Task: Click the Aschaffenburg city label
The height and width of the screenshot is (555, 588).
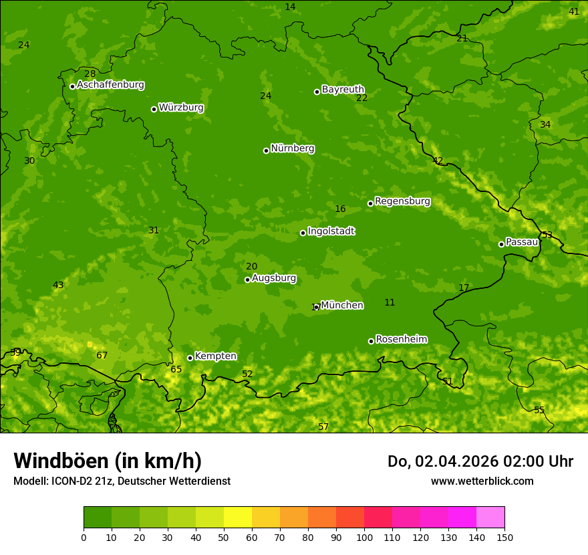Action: [110, 85]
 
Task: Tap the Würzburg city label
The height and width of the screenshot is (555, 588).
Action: [181, 108]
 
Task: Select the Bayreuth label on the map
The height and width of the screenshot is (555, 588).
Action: [343, 90]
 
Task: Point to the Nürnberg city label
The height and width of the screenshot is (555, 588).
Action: [293, 148]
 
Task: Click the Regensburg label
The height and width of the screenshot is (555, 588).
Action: [402, 201]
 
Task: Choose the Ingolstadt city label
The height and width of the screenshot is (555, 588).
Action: [331, 231]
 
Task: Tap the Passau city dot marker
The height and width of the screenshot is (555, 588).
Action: [501, 244]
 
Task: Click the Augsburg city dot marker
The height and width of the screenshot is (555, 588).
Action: [247, 280]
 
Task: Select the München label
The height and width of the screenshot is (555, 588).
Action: [342, 306]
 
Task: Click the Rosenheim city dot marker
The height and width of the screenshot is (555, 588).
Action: [371, 341]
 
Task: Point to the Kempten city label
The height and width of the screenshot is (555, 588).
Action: [215, 356]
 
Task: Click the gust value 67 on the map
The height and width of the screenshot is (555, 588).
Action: [102, 356]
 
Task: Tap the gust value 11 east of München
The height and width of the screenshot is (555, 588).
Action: [390, 303]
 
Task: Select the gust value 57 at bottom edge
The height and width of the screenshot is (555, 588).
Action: [323, 427]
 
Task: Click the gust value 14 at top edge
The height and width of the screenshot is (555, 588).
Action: [290, 7]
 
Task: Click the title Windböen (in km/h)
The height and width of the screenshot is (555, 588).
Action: [108, 461]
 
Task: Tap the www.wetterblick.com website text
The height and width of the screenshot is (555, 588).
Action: [482, 481]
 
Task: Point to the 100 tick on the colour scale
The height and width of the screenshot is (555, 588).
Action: [364, 537]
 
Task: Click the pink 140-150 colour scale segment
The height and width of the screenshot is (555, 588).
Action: [490, 517]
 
